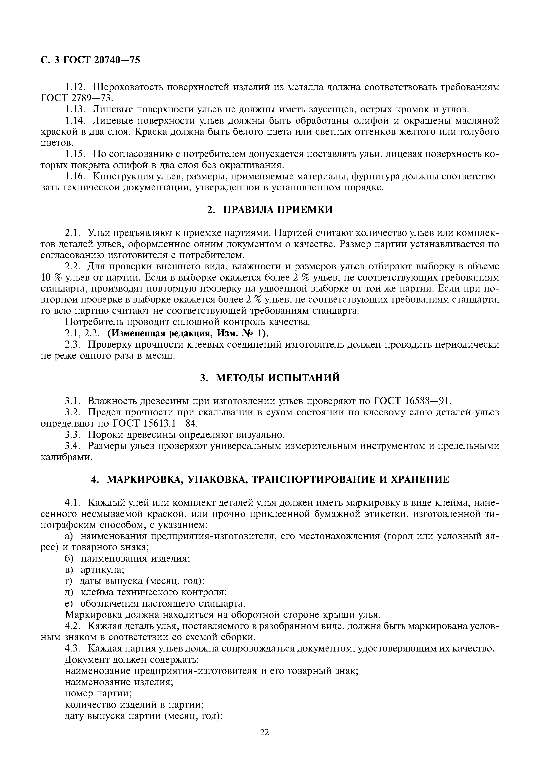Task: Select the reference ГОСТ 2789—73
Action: pyautogui.click(x=77, y=98)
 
